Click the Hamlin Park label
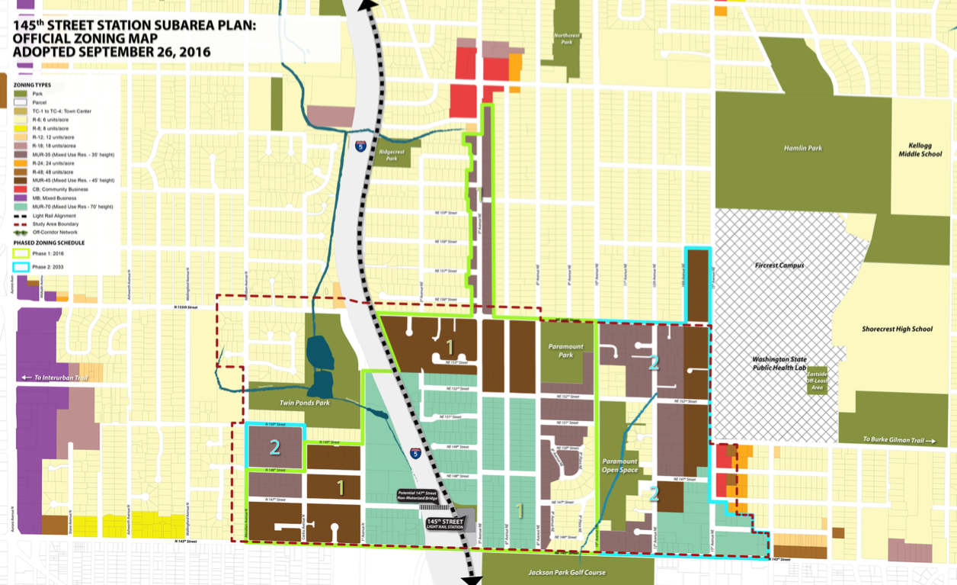(803, 148)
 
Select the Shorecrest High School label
(897, 329)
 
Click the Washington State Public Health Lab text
(779, 363)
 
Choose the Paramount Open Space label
(619, 465)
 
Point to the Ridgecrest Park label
(392, 155)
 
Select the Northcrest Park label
(567, 38)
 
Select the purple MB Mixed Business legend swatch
(21, 198)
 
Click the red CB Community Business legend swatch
(21, 189)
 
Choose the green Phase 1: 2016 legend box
(21, 254)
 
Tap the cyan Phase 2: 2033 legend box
(21, 267)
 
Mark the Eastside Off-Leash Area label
(817, 378)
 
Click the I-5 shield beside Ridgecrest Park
(360, 144)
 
